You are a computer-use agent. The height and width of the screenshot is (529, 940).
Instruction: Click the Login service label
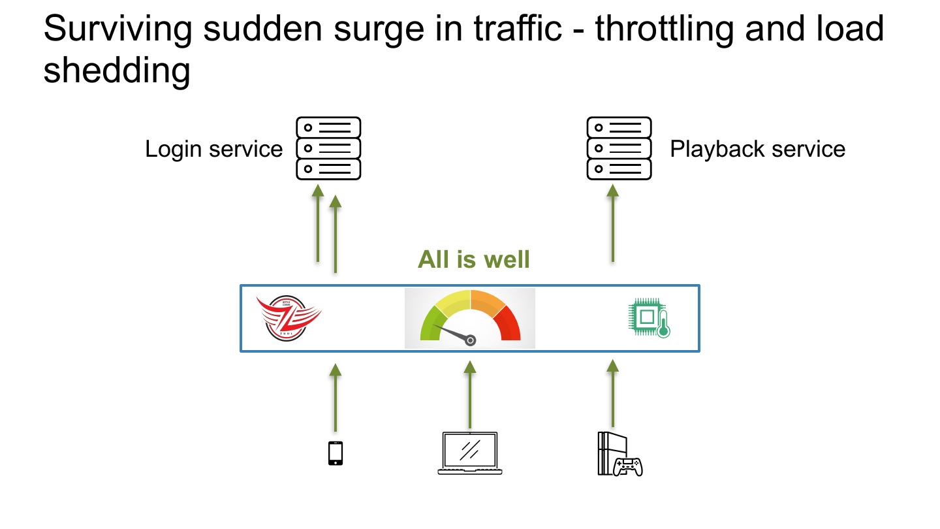click(213, 149)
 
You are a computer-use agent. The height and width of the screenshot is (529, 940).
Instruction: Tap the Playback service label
click(757, 149)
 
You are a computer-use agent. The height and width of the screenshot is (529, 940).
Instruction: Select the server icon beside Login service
click(328, 148)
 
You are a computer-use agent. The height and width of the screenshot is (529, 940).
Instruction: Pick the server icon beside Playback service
click(619, 148)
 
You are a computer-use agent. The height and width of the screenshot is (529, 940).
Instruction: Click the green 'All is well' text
click(473, 259)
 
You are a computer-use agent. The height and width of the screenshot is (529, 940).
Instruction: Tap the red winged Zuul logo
click(288, 318)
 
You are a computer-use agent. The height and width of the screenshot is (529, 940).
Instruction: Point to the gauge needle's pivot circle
click(470, 340)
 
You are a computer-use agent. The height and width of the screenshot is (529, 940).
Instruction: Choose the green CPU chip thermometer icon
click(650, 318)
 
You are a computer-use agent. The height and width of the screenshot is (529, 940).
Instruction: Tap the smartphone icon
click(335, 453)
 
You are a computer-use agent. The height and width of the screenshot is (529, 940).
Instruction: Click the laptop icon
click(470, 453)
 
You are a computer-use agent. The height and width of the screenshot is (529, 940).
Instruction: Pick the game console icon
click(619, 454)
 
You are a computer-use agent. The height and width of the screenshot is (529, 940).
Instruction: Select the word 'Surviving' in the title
click(117, 29)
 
